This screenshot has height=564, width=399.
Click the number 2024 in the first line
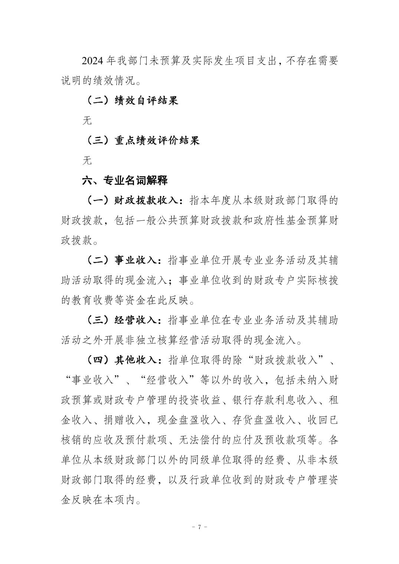pos(92,61)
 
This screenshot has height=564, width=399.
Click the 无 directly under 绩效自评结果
pos(87,121)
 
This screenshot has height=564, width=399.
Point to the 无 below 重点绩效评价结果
pos(87,161)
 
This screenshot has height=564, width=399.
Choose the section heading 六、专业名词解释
pos(125,181)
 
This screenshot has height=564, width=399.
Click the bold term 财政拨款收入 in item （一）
pos(147,201)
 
